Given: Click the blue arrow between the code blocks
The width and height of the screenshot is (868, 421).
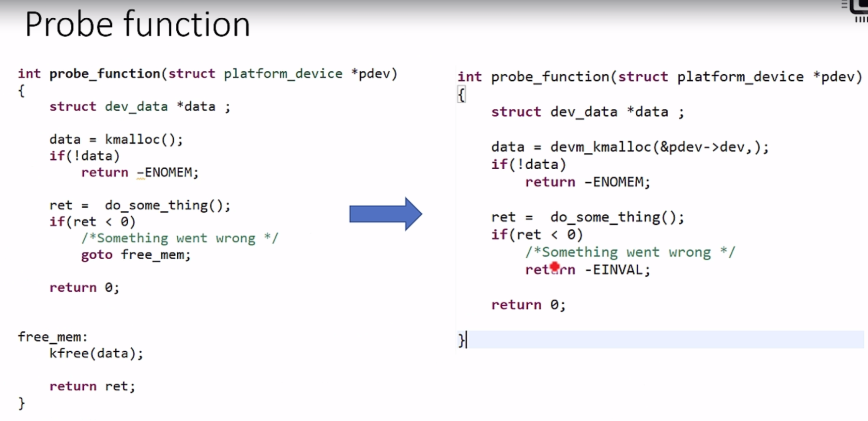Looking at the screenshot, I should [385, 214].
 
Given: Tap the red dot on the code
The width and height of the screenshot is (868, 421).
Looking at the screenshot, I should [555, 268].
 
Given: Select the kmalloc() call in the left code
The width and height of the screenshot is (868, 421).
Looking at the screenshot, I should [143, 140].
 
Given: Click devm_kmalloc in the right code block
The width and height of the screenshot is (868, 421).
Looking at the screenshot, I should [601, 147].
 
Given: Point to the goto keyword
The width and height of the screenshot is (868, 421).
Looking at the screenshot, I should [97, 255].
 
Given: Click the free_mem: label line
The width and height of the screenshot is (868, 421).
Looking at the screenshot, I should [52, 337].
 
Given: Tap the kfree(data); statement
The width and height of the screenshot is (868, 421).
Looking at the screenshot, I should [96, 353].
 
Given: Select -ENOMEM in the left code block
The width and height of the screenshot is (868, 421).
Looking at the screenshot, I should [167, 172].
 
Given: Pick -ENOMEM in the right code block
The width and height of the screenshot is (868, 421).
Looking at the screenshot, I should [616, 182].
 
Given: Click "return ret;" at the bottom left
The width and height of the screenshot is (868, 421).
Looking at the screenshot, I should [92, 386].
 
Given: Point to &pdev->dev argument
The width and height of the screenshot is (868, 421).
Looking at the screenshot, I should [701, 147].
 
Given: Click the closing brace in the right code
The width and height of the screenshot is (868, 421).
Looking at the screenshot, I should [461, 340].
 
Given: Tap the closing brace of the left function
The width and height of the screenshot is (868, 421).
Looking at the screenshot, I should [21, 403].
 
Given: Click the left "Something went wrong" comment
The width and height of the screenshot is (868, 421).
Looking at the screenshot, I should [180, 238].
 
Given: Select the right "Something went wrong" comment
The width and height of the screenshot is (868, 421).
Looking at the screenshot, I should [630, 252].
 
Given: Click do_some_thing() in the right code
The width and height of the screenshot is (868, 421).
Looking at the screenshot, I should [616, 217].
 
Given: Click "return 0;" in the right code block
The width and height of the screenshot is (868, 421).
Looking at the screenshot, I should [528, 305].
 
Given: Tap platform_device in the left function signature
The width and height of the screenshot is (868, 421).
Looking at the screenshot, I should [283, 74].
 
